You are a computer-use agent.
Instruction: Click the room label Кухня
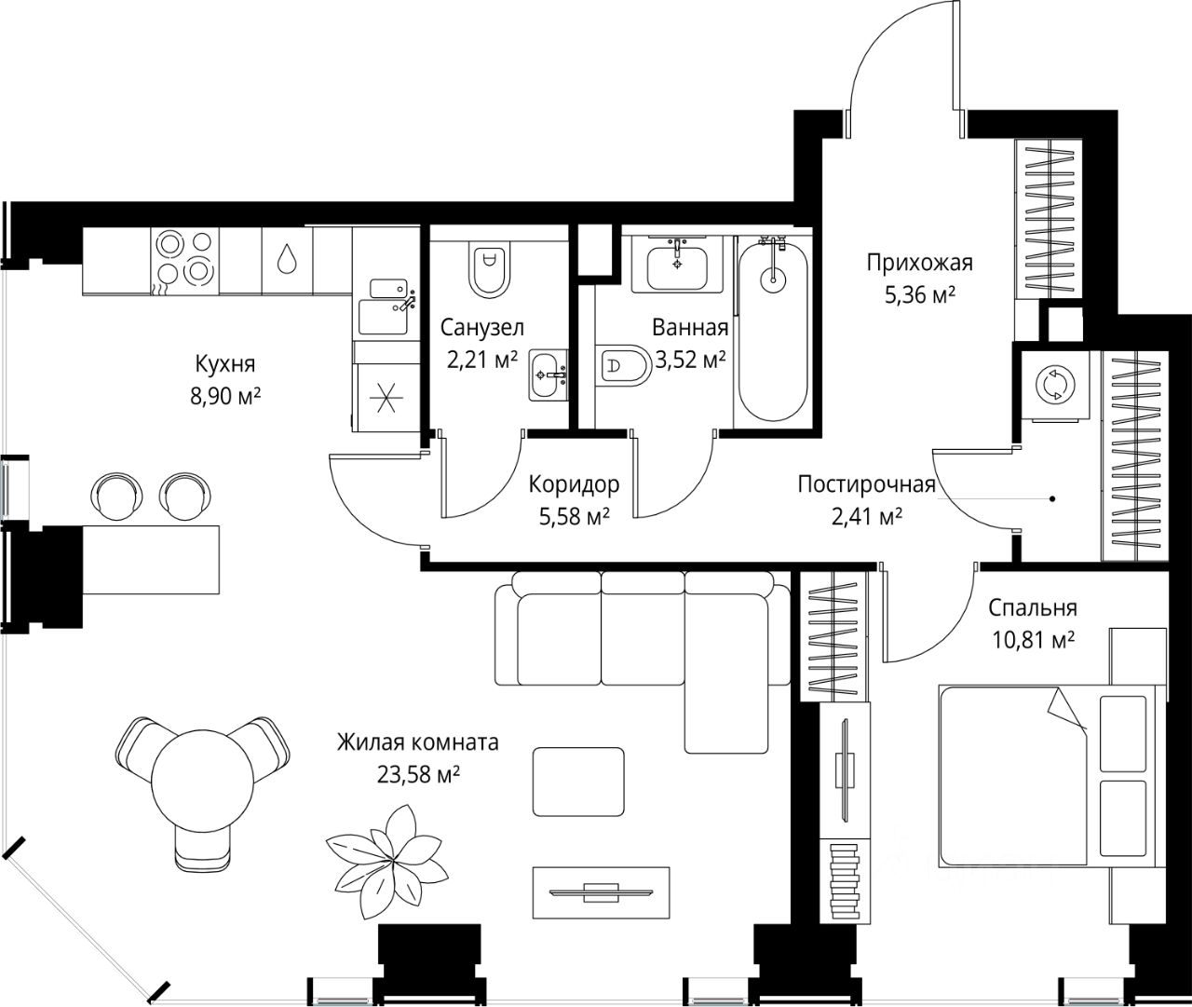[225, 364]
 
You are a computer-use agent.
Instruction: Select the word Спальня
[1033, 608]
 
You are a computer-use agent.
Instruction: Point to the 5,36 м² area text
[920, 295]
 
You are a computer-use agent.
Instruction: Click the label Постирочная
[867, 484]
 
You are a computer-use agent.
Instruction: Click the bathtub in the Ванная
[773, 330]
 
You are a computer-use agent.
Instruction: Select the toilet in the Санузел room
[489, 268]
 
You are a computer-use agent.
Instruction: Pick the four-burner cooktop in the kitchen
[185, 261]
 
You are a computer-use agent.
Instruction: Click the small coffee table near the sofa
[578, 782]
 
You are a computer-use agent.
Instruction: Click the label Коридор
[574, 484]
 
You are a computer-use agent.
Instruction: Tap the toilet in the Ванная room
[623, 365]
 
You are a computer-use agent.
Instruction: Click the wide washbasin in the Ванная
[677, 265]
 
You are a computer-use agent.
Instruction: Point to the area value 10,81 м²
[1034, 640]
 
